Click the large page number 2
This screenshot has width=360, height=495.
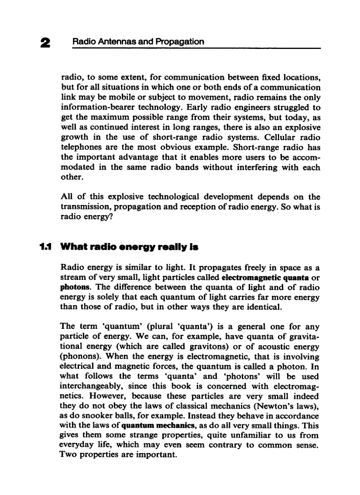tap(45, 43)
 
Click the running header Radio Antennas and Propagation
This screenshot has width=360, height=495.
tap(138, 42)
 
